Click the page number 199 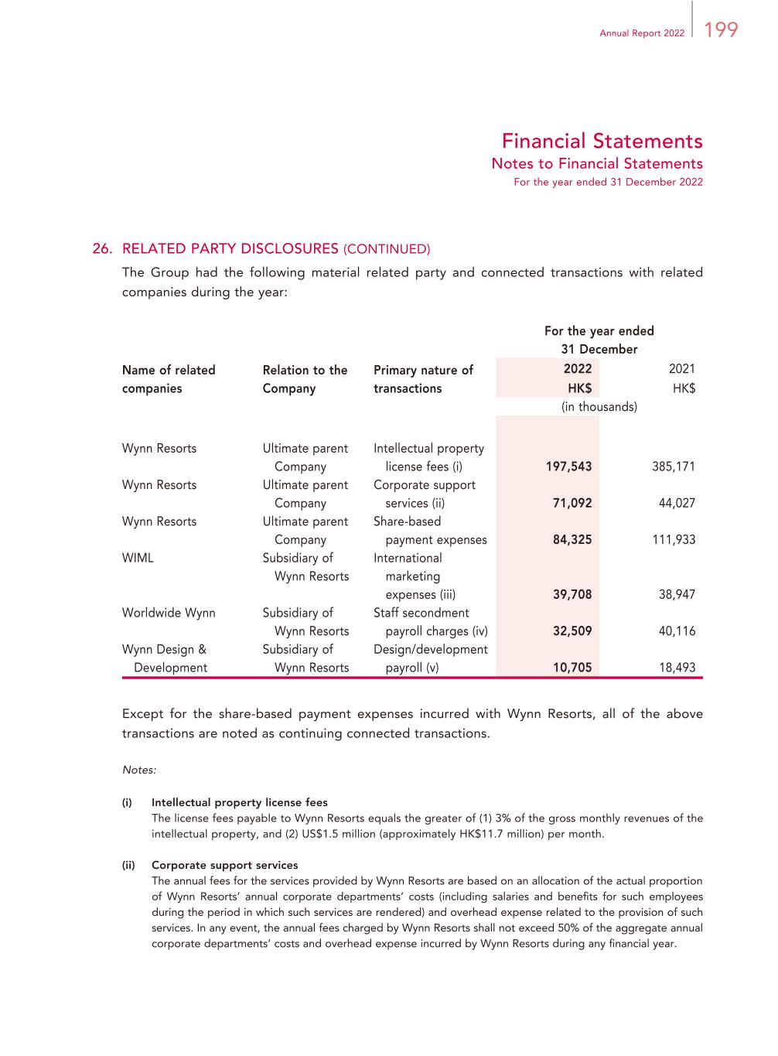click(721, 30)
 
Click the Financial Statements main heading click(602, 141)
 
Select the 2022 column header click(578, 369)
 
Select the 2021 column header click(682, 369)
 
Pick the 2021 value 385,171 click(674, 466)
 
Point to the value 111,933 click(674, 540)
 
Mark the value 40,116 click(677, 631)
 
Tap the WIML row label click(138, 558)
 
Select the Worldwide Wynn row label click(169, 613)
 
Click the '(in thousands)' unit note click(599, 407)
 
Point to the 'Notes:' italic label click(139, 771)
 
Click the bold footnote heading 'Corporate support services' click(224, 865)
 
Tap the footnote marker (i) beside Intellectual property click(127, 802)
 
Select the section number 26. click(102, 248)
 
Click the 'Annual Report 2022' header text click(642, 33)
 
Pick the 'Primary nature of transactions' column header click(423, 379)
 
